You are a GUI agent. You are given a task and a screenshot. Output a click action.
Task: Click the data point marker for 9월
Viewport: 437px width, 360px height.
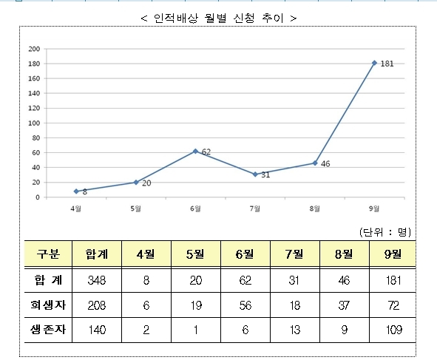tap(374, 63)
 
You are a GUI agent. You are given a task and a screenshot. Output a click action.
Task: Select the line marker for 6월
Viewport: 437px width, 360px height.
tap(195, 151)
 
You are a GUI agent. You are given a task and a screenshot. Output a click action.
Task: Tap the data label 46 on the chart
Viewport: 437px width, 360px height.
tap(325, 164)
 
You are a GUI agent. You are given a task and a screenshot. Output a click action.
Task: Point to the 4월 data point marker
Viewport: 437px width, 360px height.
tap(76, 191)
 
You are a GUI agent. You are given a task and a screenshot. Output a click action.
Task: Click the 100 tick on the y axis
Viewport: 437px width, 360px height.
tap(34, 123)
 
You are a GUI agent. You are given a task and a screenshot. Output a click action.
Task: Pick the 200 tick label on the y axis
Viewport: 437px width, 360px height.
tap(34, 49)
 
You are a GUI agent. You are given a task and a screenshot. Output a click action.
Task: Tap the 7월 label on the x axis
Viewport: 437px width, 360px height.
tap(254, 208)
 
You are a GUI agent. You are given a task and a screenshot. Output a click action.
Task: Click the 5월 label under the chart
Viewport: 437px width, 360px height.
tap(136, 208)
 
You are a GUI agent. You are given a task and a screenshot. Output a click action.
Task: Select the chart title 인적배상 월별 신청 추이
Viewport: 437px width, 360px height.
tap(219, 18)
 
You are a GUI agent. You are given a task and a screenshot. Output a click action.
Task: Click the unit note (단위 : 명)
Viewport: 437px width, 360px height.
tap(385, 232)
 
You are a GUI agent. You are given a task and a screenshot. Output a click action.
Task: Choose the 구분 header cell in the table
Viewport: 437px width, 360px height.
tap(48, 254)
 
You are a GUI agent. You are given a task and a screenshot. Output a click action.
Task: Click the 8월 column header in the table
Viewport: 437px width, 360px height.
tap(344, 254)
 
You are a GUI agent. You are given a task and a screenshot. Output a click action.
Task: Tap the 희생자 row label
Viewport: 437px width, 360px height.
tap(48, 305)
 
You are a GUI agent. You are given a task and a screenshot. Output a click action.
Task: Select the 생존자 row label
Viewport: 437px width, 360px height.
tap(48, 330)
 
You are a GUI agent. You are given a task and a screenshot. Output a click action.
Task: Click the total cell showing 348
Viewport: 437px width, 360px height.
tap(97, 280)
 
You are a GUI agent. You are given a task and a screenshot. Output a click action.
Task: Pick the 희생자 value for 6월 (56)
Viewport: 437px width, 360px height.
tap(245, 305)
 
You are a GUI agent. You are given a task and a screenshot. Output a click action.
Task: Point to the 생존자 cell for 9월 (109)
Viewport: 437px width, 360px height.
tap(394, 330)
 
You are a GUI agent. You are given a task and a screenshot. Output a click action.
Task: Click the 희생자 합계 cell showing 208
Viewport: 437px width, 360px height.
tap(97, 305)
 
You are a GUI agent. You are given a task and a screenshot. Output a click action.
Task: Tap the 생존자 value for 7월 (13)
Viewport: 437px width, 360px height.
tap(294, 330)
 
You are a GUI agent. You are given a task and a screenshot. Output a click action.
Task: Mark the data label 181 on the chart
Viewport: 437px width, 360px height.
tap(387, 64)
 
